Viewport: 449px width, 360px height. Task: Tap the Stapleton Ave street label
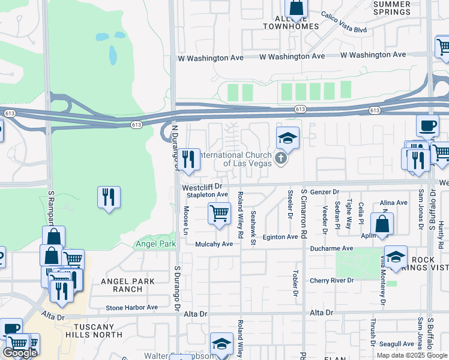click(207, 195)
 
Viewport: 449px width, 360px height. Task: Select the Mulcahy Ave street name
click(214, 244)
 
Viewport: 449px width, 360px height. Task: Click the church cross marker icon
click(280, 159)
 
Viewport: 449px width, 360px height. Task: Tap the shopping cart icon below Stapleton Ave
click(219, 214)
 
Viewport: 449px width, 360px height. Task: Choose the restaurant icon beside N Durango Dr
click(189, 159)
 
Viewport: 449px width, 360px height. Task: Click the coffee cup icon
click(427, 126)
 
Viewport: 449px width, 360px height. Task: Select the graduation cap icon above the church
click(288, 139)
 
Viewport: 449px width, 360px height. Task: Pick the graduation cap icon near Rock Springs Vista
click(396, 257)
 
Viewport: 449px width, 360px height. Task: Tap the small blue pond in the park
click(113, 55)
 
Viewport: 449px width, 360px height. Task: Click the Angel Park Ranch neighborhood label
click(128, 285)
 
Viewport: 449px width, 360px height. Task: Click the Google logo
click(20, 353)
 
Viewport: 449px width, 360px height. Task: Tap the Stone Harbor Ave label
click(131, 307)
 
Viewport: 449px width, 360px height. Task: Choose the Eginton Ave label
click(280, 237)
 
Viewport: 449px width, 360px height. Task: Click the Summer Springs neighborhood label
click(392, 8)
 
